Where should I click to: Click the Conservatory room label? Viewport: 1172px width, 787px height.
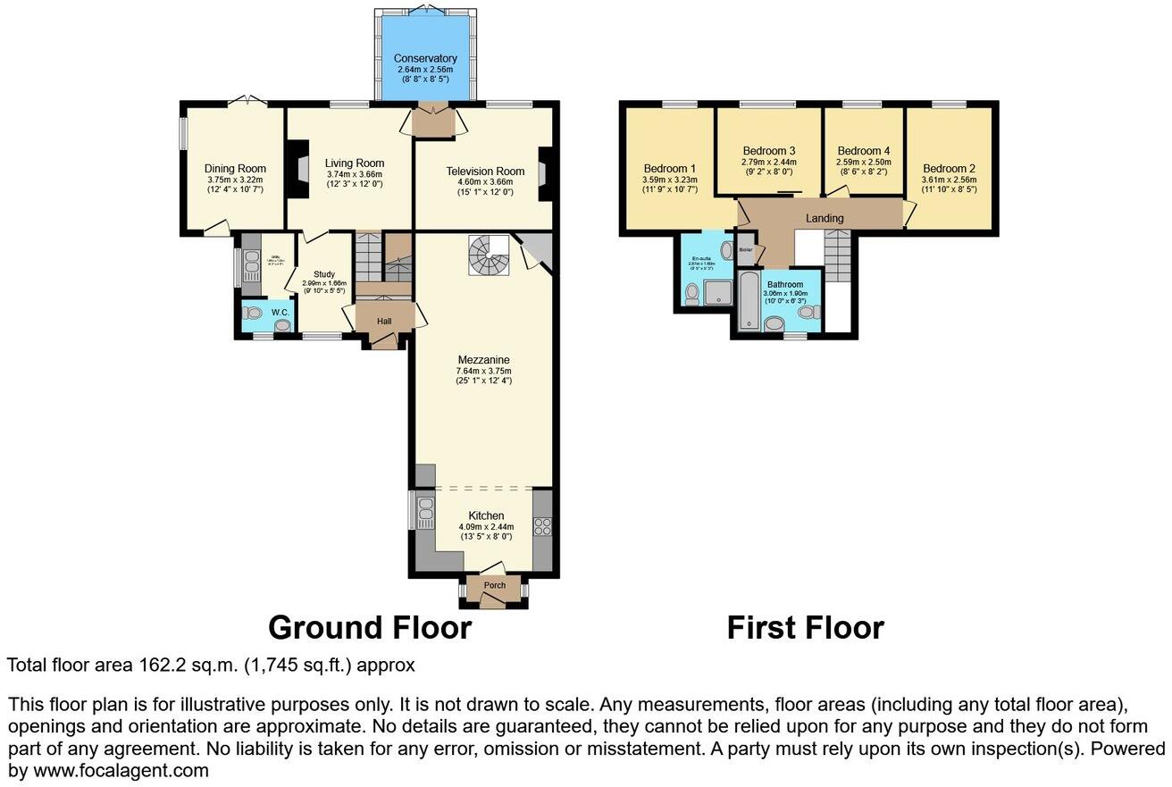(x=425, y=59)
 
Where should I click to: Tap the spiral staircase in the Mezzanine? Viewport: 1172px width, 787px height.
(x=488, y=255)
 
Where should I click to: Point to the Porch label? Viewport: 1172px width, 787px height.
(x=494, y=586)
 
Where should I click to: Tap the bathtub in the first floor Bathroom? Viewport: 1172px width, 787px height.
(x=748, y=302)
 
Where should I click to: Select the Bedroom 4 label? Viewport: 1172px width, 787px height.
(x=863, y=150)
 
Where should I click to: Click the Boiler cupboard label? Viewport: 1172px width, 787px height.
(x=746, y=249)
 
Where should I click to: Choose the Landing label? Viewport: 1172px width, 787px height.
(x=824, y=218)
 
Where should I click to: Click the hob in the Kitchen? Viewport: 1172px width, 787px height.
(x=541, y=526)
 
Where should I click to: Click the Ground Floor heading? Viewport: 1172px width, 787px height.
(x=370, y=628)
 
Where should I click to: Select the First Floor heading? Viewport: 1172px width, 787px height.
(x=805, y=628)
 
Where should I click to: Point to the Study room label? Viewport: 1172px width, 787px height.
(x=323, y=274)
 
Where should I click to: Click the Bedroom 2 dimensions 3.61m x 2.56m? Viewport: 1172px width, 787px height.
(x=950, y=180)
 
